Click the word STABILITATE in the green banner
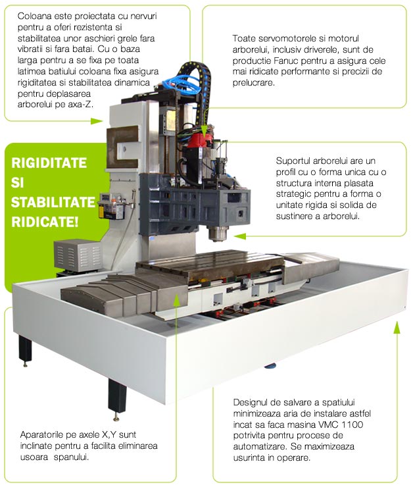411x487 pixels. pyautogui.click(x=53, y=201)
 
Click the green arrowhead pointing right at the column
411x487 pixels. pyautogui.click(x=99, y=121)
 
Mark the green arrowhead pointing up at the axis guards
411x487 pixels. pyautogui.click(x=177, y=297)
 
